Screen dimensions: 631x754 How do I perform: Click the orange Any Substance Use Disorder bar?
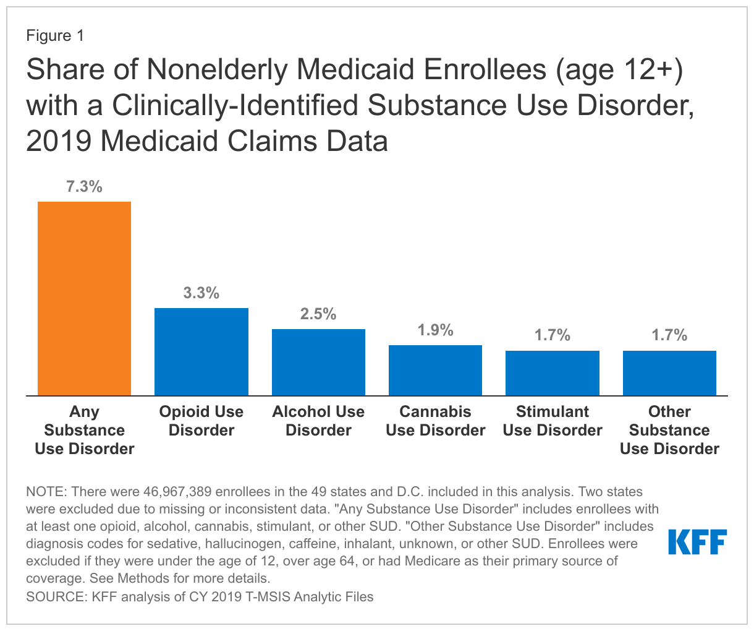click(x=84, y=298)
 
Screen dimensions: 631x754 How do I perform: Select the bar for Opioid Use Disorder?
click(x=201, y=351)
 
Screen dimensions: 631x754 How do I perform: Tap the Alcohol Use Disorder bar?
click(x=318, y=362)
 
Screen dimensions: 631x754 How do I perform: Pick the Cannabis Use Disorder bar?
click(x=435, y=370)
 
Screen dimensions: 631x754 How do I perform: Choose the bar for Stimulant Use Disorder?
click(x=553, y=373)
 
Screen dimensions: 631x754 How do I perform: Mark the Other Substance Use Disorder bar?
click(x=669, y=373)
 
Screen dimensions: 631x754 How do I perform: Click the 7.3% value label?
click(x=84, y=186)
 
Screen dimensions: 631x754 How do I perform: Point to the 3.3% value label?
click(x=201, y=293)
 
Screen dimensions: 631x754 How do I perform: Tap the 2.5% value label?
click(x=318, y=314)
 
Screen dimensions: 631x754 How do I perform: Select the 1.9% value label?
click(x=435, y=330)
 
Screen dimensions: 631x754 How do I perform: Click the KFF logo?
click(x=698, y=542)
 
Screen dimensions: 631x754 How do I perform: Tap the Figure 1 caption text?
click(x=54, y=36)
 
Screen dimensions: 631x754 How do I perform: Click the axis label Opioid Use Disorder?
click(x=201, y=421)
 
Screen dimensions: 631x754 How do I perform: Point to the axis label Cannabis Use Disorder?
click(x=435, y=421)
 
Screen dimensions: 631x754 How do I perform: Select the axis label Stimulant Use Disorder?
click(x=553, y=421)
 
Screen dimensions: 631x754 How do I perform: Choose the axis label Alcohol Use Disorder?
click(x=318, y=421)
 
